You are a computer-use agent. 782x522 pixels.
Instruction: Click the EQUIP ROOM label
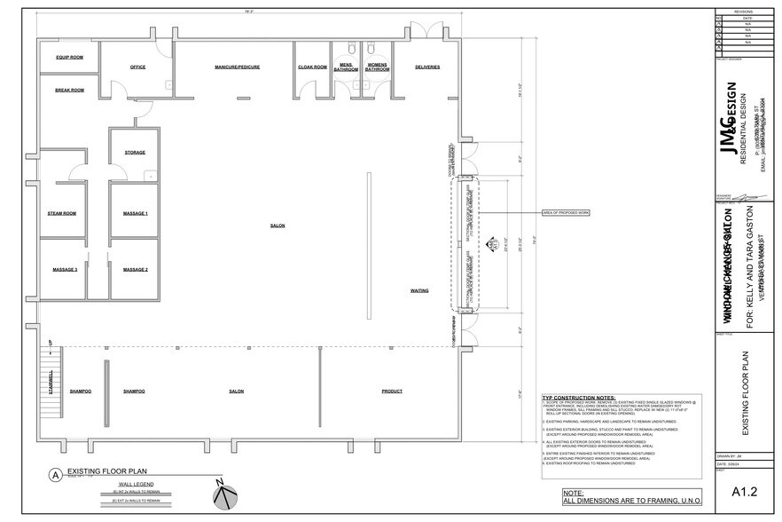pyautogui.click(x=69, y=57)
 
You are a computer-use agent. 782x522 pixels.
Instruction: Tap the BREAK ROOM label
pyautogui.click(x=69, y=90)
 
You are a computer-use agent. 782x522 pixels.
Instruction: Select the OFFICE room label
pyautogui.click(x=137, y=67)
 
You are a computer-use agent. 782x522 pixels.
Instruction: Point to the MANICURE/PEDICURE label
pyautogui.click(x=237, y=67)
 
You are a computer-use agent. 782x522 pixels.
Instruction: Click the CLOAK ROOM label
pyautogui.click(x=312, y=67)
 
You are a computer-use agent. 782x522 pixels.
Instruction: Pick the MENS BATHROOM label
pyautogui.click(x=348, y=67)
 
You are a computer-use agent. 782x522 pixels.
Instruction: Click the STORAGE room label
pyautogui.click(x=135, y=153)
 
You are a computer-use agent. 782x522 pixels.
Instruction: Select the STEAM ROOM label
pyautogui.click(x=62, y=213)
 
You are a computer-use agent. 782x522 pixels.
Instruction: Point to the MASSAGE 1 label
pyautogui.click(x=135, y=213)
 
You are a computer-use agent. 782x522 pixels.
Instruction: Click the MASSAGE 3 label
pyautogui.click(x=64, y=269)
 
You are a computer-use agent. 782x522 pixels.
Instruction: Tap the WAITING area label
pyautogui.click(x=419, y=290)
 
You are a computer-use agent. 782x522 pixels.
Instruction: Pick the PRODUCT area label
pyautogui.click(x=392, y=391)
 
